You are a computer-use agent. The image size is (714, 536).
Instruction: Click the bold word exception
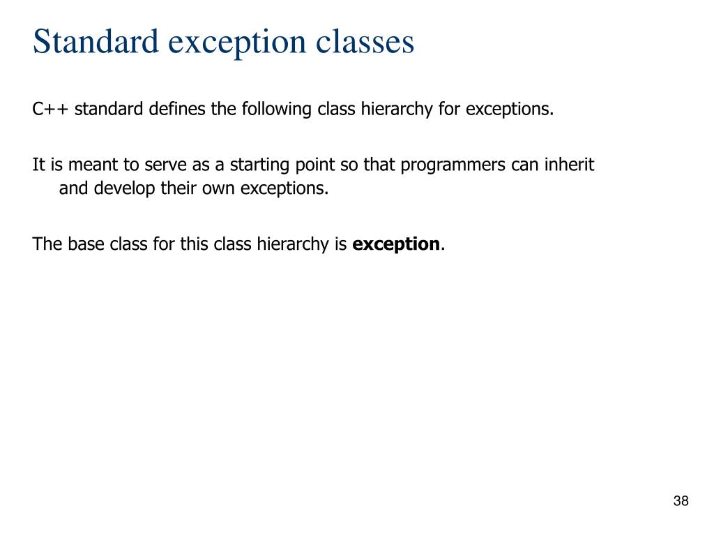pyautogui.click(x=396, y=244)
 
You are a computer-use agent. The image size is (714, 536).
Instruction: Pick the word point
pyautogui.click(x=297, y=165)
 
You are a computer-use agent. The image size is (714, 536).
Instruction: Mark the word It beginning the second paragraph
pyautogui.click(x=38, y=165)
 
